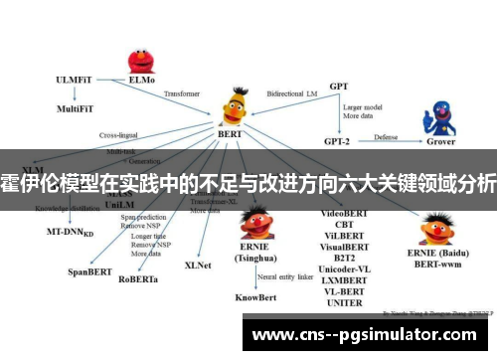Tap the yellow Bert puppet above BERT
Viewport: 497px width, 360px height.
click(237, 101)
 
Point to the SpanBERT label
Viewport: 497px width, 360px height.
click(86, 270)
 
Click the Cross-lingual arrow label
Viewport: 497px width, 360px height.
click(122, 134)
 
